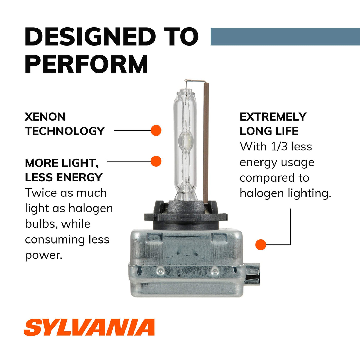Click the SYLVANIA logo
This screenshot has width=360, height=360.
point(89,327)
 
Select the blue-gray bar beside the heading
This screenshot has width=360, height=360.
point(285,37)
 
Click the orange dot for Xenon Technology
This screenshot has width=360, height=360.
point(156,130)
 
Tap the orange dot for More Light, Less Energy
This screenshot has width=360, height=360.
point(156,161)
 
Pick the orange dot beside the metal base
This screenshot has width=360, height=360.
point(260,245)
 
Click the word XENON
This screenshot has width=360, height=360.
point(45,117)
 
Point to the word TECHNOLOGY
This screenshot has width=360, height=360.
point(65,131)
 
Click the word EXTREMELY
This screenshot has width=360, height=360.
point(273,117)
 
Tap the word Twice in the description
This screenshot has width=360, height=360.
point(41,193)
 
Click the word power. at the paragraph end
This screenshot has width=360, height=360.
point(44,255)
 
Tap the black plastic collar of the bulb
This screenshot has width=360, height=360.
point(186,215)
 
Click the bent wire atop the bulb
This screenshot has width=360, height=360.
point(195,81)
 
